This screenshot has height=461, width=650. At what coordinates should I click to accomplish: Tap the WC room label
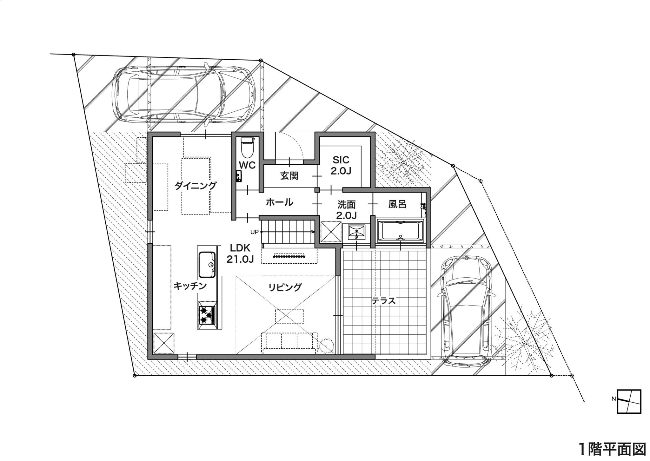[247, 165]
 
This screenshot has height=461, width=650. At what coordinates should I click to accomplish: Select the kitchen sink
[207, 265]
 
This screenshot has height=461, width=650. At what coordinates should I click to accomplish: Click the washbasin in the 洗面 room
[356, 232]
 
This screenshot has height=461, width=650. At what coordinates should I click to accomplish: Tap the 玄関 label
[289, 175]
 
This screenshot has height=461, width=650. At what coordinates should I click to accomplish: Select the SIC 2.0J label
[341, 165]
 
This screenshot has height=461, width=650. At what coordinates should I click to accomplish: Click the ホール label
[279, 202]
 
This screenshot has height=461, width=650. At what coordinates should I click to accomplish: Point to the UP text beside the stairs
[255, 232]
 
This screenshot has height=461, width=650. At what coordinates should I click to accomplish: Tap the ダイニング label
[196, 185]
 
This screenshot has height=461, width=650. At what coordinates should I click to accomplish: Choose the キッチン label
[190, 286]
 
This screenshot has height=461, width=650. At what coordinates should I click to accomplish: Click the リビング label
[285, 287]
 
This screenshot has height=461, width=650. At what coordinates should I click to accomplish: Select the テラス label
[384, 300]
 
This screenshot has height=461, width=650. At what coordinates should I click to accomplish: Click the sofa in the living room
[289, 342]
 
